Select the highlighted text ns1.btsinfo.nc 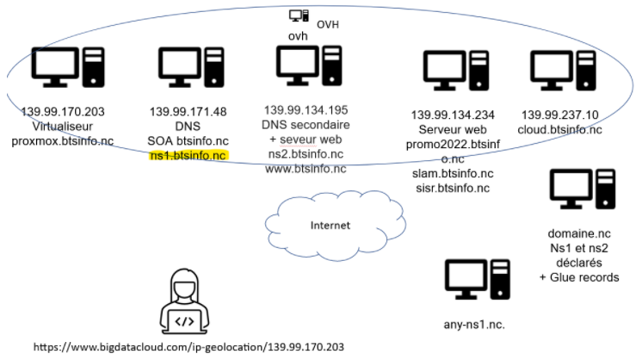(x=188, y=155)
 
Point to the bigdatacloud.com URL (x=176, y=348)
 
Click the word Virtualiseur (x=61, y=127)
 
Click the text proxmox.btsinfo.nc (x=61, y=141)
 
